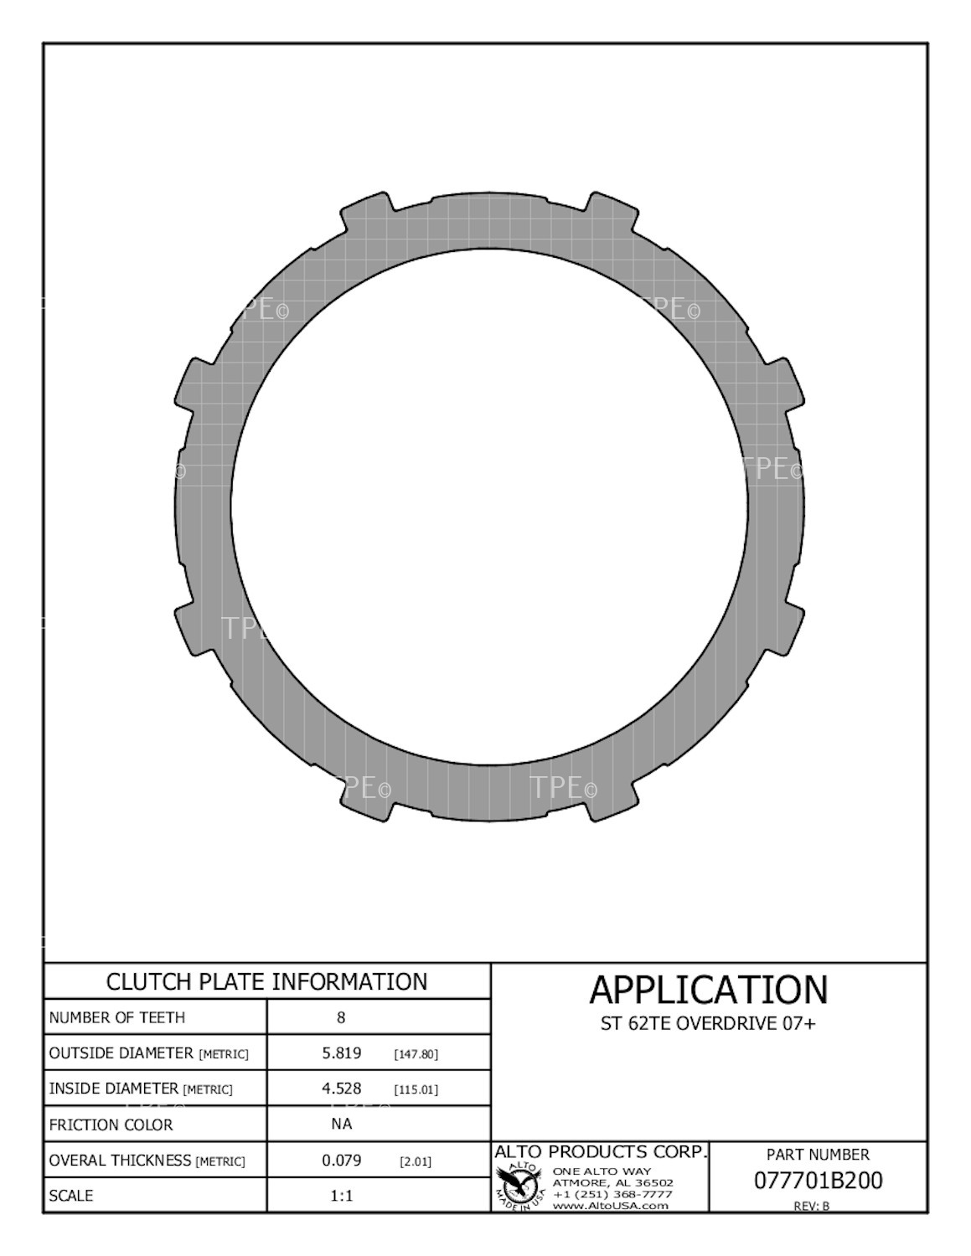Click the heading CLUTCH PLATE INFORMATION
click(x=266, y=981)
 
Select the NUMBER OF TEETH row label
click(x=117, y=1017)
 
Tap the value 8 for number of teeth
click(x=341, y=1017)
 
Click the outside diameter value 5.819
click(x=342, y=1053)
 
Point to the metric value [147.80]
click(x=416, y=1053)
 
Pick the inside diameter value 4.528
click(x=342, y=1089)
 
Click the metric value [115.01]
click(x=416, y=1089)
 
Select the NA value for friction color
click(x=342, y=1124)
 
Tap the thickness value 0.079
click(x=342, y=1161)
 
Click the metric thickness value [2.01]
click(x=416, y=1161)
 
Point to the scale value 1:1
click(x=342, y=1196)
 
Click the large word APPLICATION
click(x=708, y=990)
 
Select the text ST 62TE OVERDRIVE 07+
click(x=708, y=1023)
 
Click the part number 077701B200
click(x=818, y=1181)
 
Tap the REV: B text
click(x=811, y=1206)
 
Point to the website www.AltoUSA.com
click(x=611, y=1206)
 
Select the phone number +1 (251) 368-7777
click(x=612, y=1194)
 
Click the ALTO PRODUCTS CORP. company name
click(x=601, y=1152)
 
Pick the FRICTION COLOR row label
click(x=111, y=1125)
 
